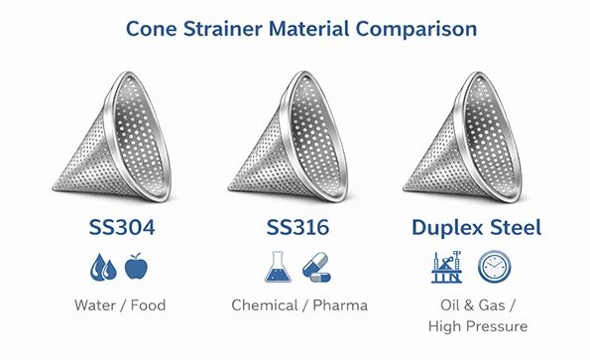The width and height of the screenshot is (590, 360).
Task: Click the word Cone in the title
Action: [155, 28]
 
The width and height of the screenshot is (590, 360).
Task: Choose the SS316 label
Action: [299, 227]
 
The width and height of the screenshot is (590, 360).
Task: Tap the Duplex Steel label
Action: [477, 227]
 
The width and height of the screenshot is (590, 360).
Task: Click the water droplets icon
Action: [102, 268]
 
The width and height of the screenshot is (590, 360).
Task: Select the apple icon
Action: [135, 268]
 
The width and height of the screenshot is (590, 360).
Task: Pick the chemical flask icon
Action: [280, 268]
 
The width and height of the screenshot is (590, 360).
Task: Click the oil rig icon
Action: [458, 268]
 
